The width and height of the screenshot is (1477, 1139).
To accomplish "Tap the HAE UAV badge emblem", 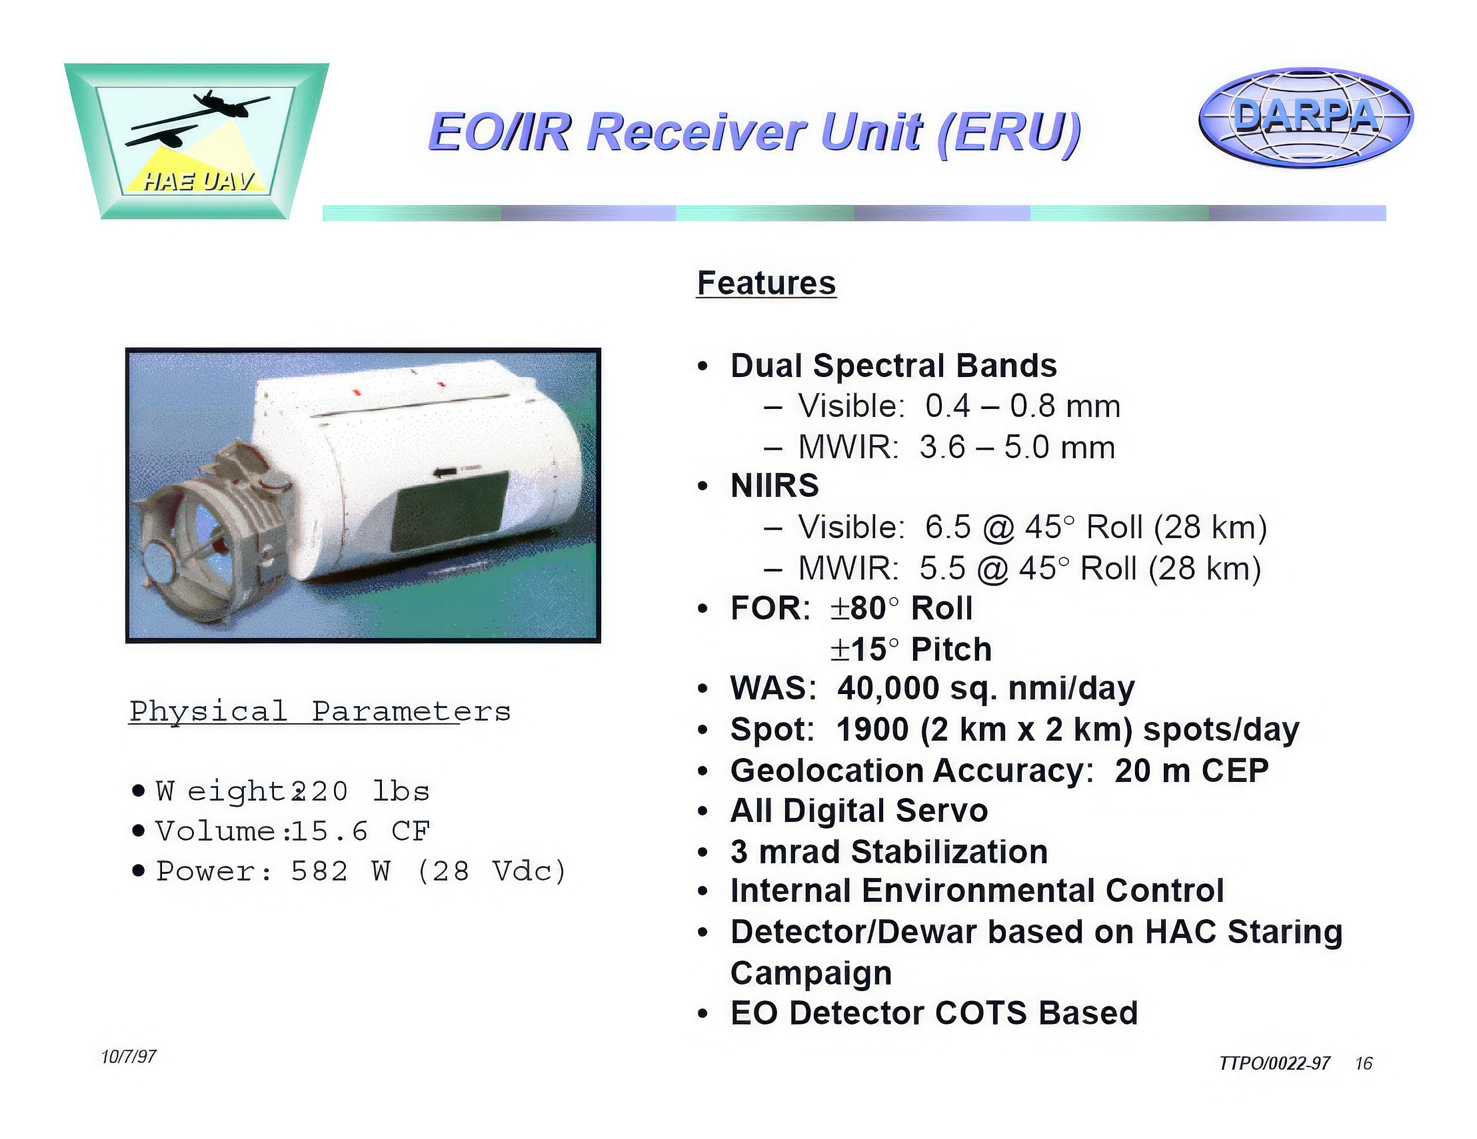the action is click(x=196, y=141).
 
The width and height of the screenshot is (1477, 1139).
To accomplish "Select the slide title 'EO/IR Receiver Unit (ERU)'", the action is click(x=754, y=133).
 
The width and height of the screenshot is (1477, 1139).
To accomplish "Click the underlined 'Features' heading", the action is click(x=766, y=282).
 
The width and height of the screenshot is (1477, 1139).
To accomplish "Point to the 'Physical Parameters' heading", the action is click(x=320, y=712).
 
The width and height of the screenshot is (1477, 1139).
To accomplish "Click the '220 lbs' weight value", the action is click(x=361, y=791).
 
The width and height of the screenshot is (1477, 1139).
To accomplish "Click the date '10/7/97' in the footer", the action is click(x=129, y=1056).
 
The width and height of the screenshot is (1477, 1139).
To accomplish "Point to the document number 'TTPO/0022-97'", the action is click(x=1274, y=1063).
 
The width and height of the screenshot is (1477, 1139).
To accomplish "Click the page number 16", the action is click(x=1364, y=1063).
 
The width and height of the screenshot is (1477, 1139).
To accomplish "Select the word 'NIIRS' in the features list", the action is click(x=774, y=486).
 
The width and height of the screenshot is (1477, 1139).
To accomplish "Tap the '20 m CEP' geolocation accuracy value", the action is click(x=1192, y=771).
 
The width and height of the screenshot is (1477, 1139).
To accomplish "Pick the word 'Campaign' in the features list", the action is click(x=811, y=973).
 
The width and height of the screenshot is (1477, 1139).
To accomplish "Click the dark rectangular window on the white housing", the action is click(x=450, y=512).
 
